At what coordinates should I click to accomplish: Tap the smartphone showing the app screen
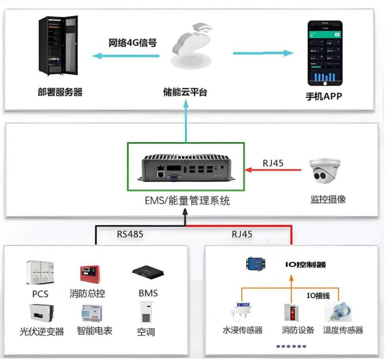pyautogui.click(x=325, y=53)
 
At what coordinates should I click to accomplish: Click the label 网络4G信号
pyautogui.click(x=132, y=43)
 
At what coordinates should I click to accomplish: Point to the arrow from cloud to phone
pyautogui.click(x=263, y=53)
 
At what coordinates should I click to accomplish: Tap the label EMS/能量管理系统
pyautogui.click(x=187, y=200)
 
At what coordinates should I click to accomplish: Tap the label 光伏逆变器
pyautogui.click(x=42, y=331)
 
